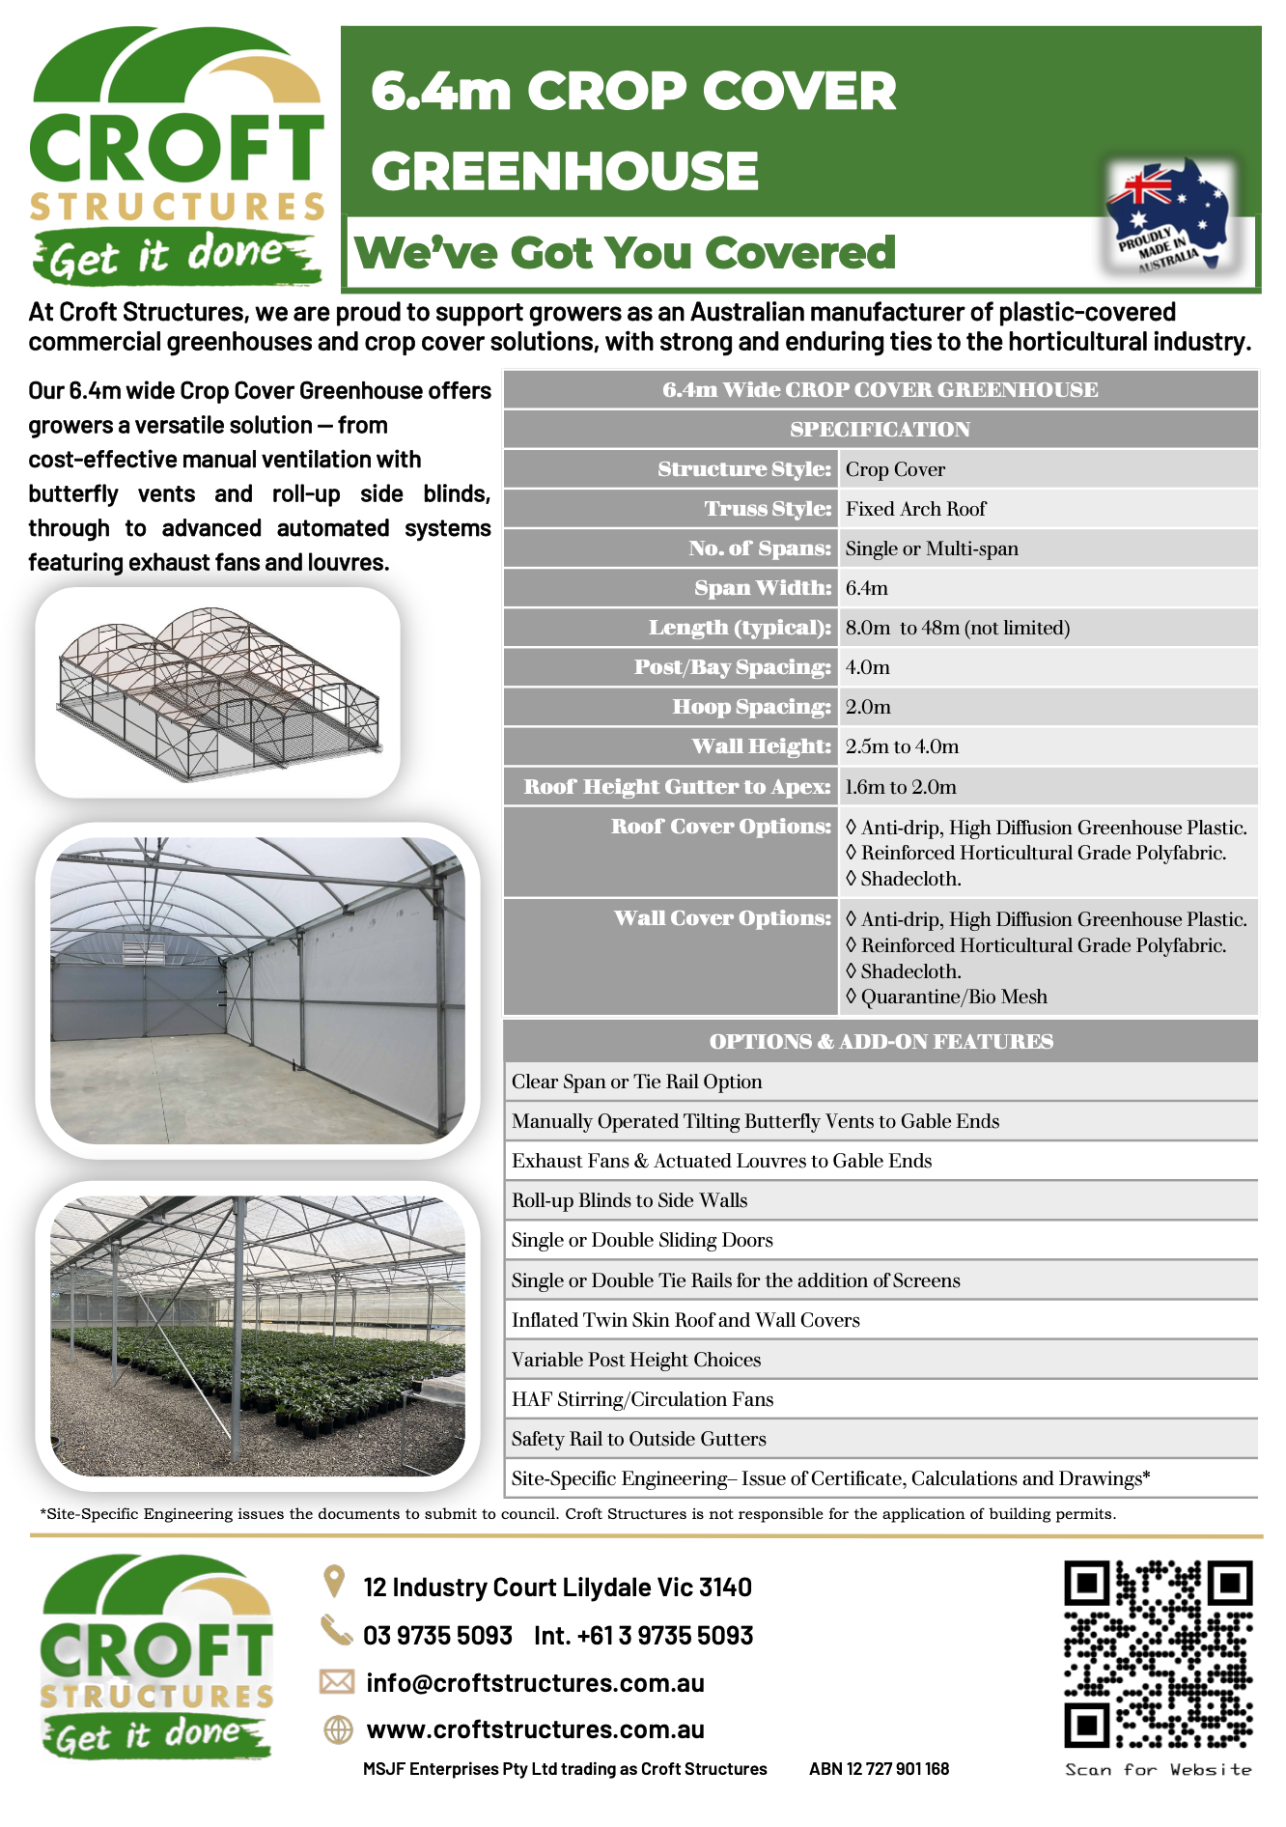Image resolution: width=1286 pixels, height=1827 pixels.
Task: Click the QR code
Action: (1158, 1653)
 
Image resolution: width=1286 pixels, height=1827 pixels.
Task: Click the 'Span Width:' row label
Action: (763, 588)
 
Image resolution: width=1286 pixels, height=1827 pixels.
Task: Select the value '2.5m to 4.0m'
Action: (902, 746)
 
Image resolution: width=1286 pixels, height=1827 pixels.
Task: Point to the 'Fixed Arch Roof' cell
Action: (915, 509)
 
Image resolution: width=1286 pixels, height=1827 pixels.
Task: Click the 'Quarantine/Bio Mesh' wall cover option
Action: (953, 997)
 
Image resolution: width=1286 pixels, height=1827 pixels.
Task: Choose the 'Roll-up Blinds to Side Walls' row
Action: (629, 1200)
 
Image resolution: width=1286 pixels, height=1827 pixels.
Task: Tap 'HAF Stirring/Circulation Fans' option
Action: (642, 1399)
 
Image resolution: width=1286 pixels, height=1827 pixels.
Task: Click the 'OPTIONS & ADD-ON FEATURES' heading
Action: (881, 1041)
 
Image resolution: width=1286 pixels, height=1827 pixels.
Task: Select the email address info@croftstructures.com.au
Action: (535, 1683)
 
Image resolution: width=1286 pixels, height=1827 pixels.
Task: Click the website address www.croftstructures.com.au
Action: (535, 1729)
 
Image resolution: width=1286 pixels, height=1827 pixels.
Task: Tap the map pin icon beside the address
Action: (334, 1582)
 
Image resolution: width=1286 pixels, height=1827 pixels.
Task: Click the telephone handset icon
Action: (336, 1631)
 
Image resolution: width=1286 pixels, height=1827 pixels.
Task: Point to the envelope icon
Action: (337, 1682)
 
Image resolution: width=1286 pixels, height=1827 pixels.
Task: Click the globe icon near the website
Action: (338, 1729)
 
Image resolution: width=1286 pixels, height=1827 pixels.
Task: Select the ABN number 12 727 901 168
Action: (879, 1769)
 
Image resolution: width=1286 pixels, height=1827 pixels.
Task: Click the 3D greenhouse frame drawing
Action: (218, 692)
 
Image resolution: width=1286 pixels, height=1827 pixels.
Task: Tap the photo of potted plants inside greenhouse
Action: (258, 1335)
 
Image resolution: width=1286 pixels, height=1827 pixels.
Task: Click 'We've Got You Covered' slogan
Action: (626, 253)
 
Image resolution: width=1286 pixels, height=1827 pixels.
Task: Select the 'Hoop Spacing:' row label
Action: (751, 707)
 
